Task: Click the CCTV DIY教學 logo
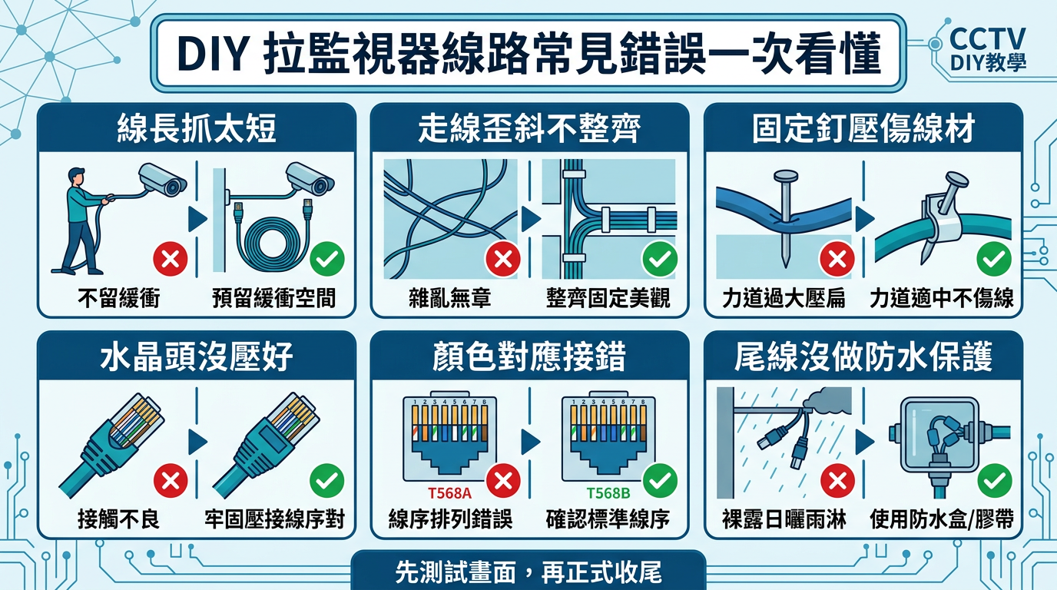[987, 49]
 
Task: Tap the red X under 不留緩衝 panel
[171, 259]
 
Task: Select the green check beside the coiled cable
[327, 259]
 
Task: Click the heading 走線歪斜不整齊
[529, 128]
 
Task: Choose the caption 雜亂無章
[449, 298]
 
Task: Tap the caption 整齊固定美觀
[608, 298]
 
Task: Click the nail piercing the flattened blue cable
[785, 218]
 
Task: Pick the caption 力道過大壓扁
[784, 298]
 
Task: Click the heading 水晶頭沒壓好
[197, 356]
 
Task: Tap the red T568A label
[449, 493]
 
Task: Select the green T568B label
[608, 493]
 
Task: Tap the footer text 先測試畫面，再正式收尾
[528, 572]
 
